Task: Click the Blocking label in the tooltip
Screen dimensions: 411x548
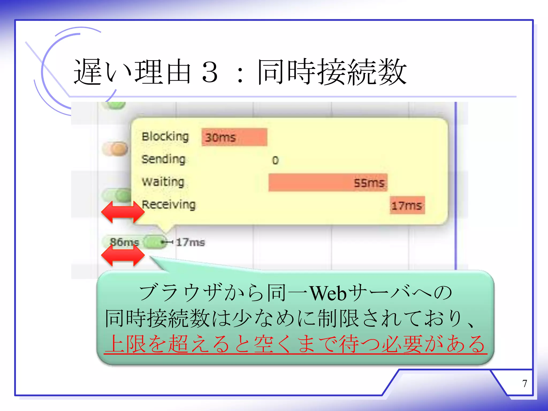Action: [x=165, y=137]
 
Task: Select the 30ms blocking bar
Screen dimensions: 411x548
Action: [x=234, y=137]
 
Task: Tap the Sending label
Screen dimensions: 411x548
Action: [x=163, y=159]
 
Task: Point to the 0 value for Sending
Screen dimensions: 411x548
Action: [x=275, y=160]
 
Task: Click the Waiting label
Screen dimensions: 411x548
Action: [x=163, y=182]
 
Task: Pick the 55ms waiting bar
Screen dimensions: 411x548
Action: [x=328, y=183]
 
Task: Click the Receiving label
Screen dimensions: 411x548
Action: [x=169, y=205]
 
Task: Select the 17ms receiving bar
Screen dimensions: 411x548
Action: [x=407, y=205]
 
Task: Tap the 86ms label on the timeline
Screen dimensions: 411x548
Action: [x=124, y=242]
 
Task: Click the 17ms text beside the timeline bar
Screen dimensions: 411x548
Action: [x=190, y=242]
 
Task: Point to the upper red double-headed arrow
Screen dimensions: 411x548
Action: [x=123, y=212]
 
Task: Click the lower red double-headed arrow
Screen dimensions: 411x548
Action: [x=123, y=255]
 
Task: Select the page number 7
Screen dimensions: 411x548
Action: [x=524, y=383]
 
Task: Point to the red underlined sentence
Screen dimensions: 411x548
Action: [x=295, y=345]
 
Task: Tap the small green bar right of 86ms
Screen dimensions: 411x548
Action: [x=155, y=242]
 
